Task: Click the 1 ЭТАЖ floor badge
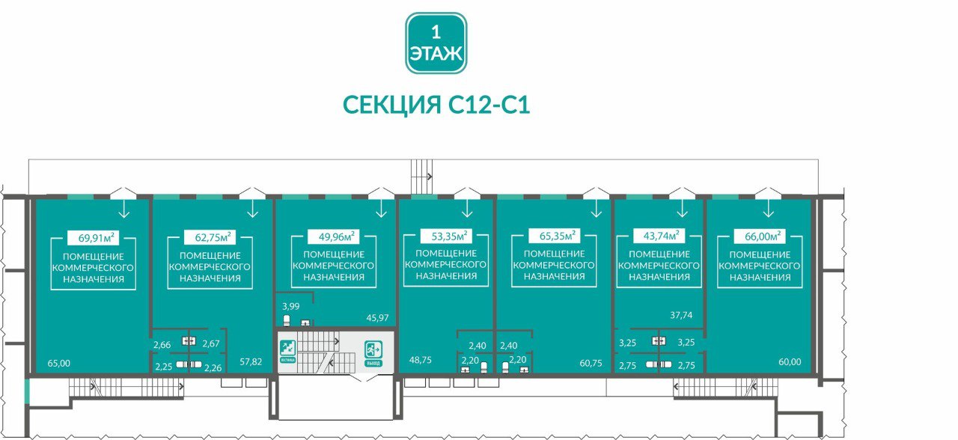436,43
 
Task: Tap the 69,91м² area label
96,239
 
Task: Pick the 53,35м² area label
446,237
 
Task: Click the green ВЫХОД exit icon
373,350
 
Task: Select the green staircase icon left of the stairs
287,349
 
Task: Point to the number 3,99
290,306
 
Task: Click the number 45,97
378,318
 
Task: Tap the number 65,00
58,363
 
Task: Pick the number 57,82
251,362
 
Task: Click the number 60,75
591,363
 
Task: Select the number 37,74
681,315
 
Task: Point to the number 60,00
790,362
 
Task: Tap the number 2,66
162,344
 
